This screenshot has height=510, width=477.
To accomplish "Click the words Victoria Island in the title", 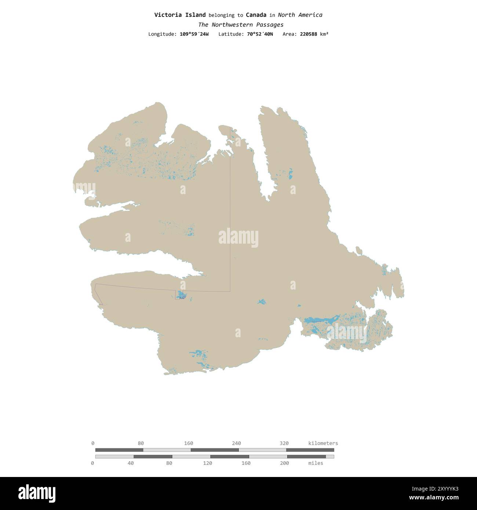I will tap(180, 15).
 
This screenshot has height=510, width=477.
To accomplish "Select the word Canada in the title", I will tap(256, 15).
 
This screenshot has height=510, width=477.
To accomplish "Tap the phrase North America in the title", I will tap(300, 15).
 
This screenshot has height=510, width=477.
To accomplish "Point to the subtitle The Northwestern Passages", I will tap(241, 25).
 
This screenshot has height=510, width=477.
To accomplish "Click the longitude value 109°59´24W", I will tap(194, 34).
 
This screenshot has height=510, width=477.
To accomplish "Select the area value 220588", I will tap(308, 34).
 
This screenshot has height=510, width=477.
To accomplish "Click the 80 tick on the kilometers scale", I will tap(141, 443).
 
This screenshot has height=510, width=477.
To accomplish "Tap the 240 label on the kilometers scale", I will tap(236, 443).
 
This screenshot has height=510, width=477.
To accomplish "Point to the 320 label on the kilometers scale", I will tap(284, 443).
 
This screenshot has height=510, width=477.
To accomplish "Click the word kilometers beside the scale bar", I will tap(323, 443).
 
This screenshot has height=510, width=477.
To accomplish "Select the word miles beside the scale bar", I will tap(316, 463).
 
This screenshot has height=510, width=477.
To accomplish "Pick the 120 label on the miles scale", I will tap(208, 463).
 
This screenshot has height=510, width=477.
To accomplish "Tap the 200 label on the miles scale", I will tap(284, 463).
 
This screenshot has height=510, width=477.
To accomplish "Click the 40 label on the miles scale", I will tap(131, 463).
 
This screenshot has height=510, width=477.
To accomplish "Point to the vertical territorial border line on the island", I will tap(230, 220).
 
